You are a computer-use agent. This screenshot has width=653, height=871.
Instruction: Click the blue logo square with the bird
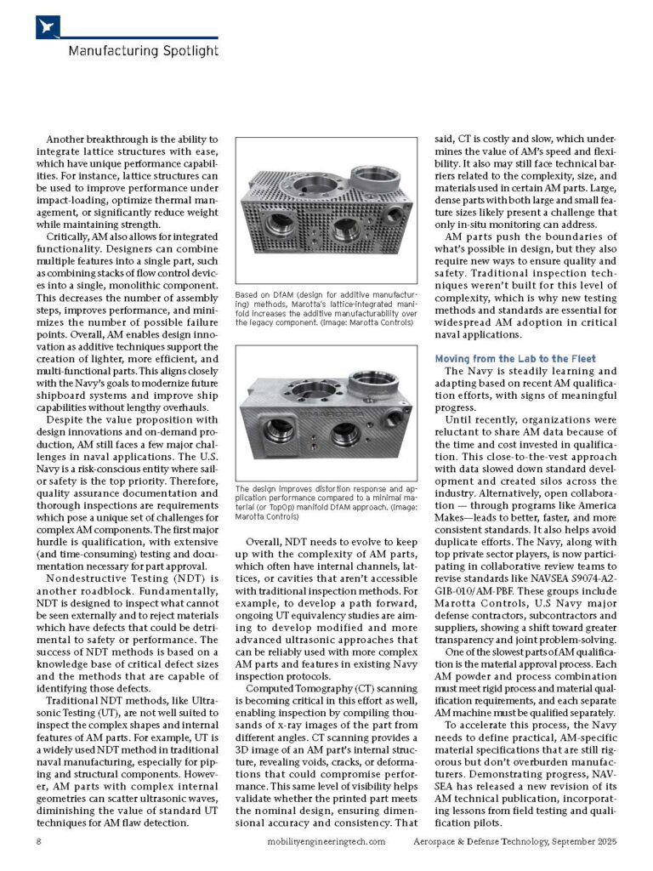point(48,26)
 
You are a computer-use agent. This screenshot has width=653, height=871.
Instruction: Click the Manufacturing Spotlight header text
point(142,51)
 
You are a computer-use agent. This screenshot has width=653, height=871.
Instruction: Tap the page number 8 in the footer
point(39,841)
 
